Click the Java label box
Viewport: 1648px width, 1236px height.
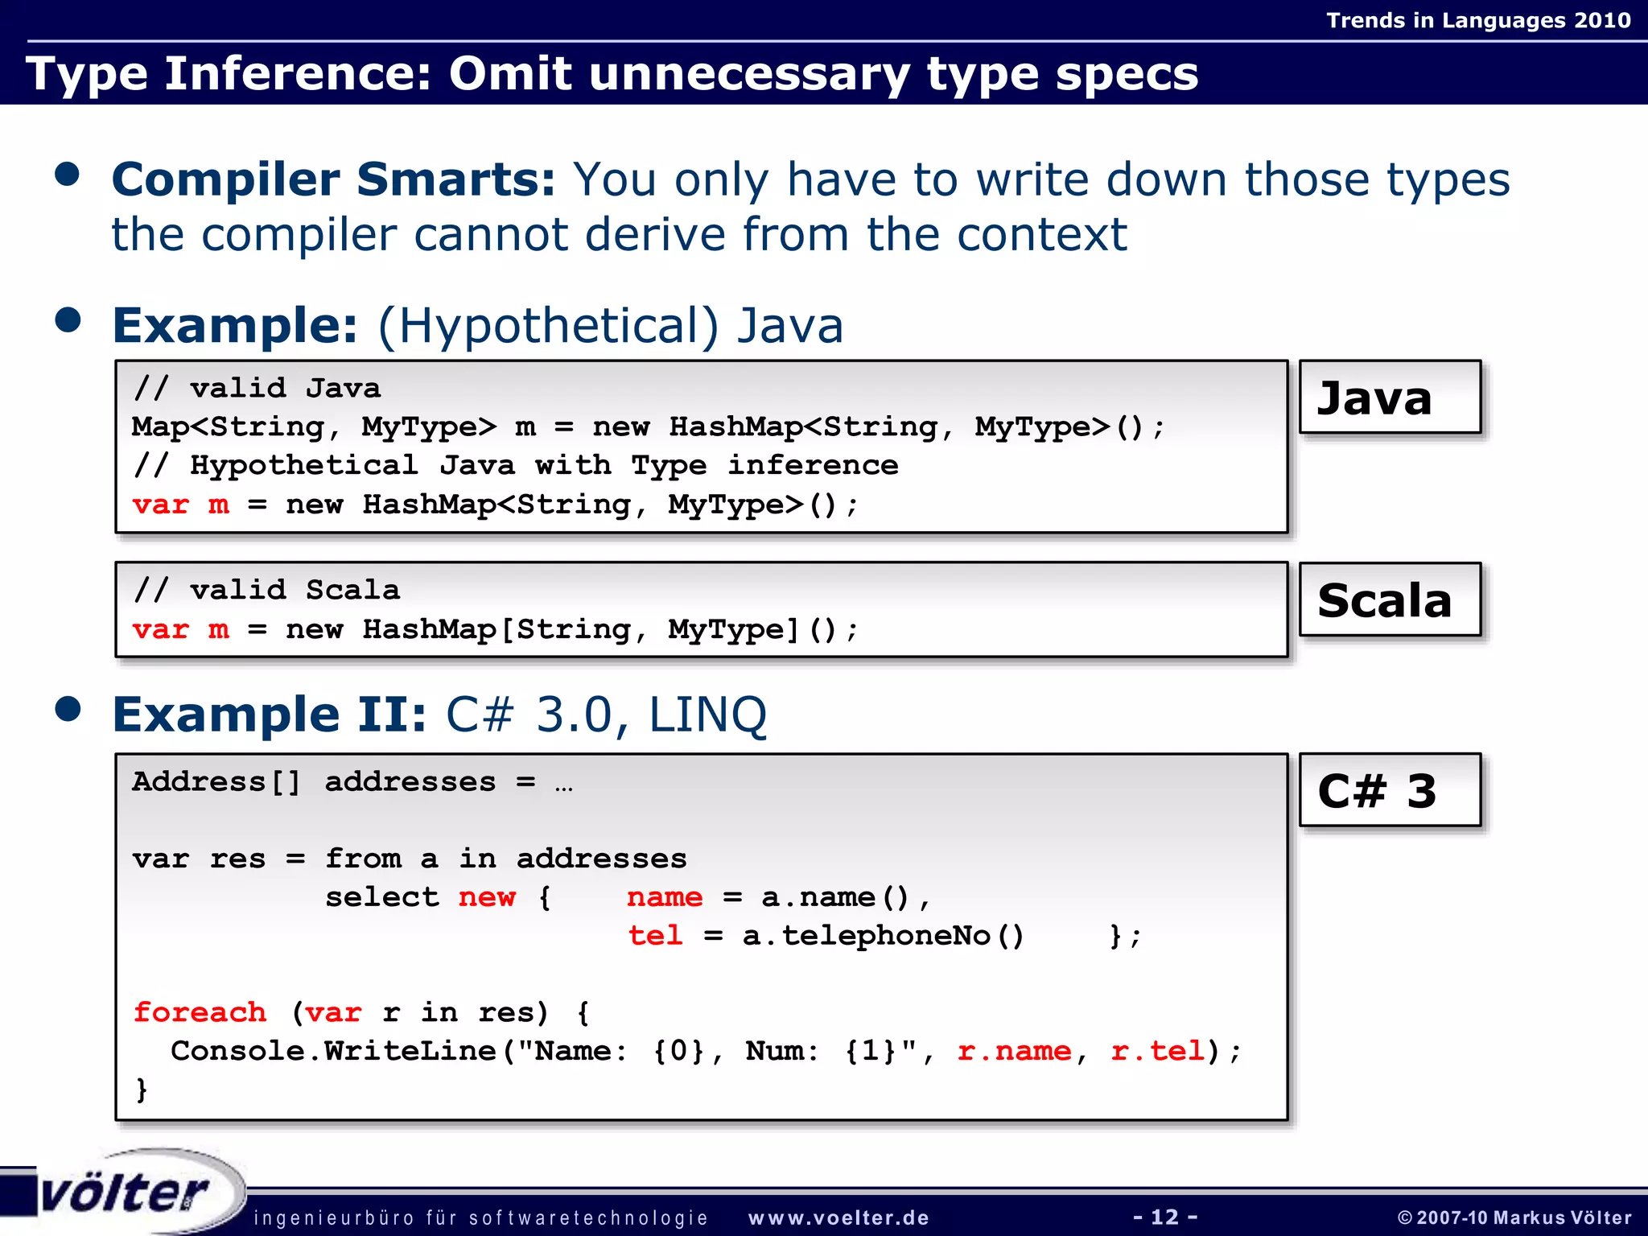click(1390, 398)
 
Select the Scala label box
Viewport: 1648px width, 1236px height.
click(1390, 599)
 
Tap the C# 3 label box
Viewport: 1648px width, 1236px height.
click(1390, 790)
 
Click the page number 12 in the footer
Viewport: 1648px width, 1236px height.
click(1165, 1217)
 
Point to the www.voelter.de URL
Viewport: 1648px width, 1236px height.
click(838, 1218)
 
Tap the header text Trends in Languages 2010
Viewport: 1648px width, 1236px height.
click(1478, 20)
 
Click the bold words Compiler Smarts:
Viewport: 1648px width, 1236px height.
click(333, 179)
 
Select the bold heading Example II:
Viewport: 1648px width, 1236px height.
click(270, 715)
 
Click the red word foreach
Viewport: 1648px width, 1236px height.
click(200, 1012)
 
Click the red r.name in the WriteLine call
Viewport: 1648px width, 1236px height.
click(1014, 1051)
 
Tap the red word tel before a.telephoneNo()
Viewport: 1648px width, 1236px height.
click(655, 936)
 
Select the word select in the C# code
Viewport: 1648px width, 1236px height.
click(382, 897)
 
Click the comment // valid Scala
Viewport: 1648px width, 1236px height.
click(267, 590)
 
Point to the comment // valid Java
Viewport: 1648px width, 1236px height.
click(257, 388)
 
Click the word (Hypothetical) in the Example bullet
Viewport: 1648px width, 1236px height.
click(547, 326)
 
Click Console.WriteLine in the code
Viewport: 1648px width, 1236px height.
click(333, 1051)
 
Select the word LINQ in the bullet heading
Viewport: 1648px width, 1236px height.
click(707, 715)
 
